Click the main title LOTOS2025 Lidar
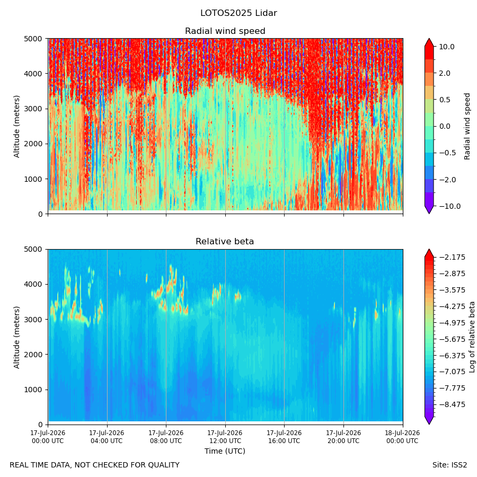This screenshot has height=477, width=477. pos(238,13)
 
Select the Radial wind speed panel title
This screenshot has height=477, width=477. pos(225,31)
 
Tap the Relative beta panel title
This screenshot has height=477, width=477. pos(225,242)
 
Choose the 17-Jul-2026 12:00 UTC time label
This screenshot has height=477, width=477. pos(225,437)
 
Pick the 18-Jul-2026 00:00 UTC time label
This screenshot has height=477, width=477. pos(403,437)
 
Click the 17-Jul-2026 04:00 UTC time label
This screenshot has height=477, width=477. pos(107,437)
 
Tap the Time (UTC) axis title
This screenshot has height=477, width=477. pos(225,451)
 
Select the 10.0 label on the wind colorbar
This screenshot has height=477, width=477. pos(447,47)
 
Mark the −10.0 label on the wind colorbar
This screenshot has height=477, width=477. pos(450,206)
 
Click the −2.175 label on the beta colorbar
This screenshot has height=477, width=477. pos(452,258)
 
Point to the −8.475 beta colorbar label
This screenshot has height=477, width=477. pos(452,404)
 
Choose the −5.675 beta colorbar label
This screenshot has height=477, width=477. pos(452,339)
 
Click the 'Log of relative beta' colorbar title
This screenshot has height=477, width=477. pos(472,337)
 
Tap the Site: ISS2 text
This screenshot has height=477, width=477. pos(449,465)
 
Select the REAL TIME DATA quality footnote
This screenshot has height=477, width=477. pos(95,465)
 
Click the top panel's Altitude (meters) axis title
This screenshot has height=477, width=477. pos(16,127)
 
